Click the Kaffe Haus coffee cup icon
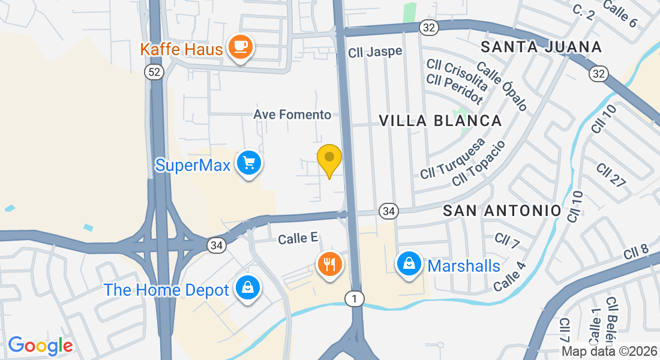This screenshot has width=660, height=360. pyautogui.click(x=241, y=47)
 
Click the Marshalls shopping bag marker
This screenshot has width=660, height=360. pyautogui.click(x=409, y=263)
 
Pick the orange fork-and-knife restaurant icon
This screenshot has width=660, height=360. pyautogui.click(x=329, y=263)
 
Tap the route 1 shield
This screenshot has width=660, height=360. pyautogui.click(x=355, y=299)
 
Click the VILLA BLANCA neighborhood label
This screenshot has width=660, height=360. pyautogui.click(x=440, y=121)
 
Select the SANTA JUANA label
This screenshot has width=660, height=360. pyautogui.click(x=541, y=47)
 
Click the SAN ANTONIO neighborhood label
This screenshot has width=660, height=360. pyautogui.click(x=502, y=211)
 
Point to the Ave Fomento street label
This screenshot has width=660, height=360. pyautogui.click(x=292, y=114)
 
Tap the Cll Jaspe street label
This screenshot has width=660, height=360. pyautogui.click(x=375, y=52)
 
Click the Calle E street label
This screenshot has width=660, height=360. pyautogui.click(x=298, y=238)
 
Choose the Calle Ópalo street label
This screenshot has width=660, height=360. pyautogui.click(x=502, y=86)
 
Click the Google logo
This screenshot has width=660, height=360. pyautogui.click(x=40, y=346)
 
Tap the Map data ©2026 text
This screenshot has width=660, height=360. pyautogui.click(x=609, y=352)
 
